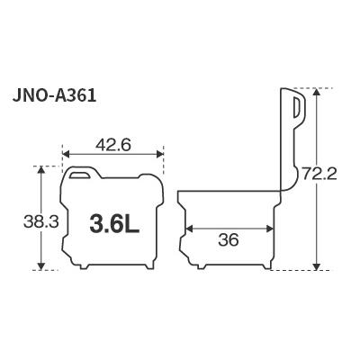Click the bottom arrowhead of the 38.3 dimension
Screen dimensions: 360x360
[x=41, y=267]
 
